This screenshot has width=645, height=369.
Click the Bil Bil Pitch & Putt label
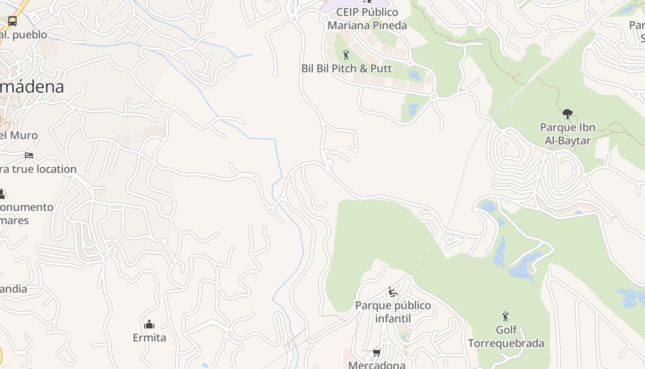[x=346, y=69]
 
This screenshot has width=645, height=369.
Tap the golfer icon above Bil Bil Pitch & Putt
[x=346, y=55]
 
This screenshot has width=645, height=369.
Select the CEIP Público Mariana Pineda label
[x=367, y=18]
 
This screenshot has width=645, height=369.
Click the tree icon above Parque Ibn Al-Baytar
[x=567, y=113]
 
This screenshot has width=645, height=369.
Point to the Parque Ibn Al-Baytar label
[x=568, y=134]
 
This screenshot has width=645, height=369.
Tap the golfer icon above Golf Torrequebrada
[x=505, y=316]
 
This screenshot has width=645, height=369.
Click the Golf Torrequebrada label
[x=506, y=337]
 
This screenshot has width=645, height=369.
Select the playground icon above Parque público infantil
[x=393, y=292]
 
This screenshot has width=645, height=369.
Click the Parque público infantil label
[x=393, y=312]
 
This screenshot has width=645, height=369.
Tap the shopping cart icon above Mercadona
[x=376, y=353]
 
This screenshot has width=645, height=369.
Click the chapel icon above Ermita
[x=149, y=324]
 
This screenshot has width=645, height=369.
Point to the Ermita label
[x=149, y=338]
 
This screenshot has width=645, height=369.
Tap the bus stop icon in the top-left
[x=12, y=21]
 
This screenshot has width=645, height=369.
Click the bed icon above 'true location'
[x=29, y=155]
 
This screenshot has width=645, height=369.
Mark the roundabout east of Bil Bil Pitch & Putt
[x=434, y=96]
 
